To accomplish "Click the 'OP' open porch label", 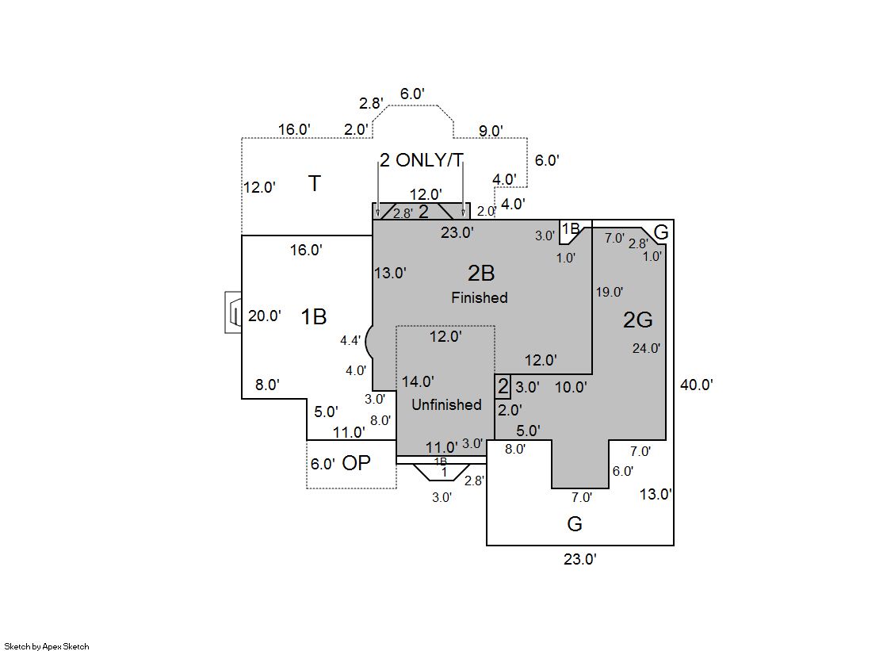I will point(356,463).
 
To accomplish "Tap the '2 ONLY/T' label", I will point(420,160).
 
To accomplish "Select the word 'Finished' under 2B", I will point(480,298).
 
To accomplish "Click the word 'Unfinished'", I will point(446,404).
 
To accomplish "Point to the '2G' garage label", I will point(637,320).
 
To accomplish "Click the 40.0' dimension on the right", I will point(697,385).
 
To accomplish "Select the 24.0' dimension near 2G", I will point(646,347).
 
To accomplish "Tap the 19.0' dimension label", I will point(609,292).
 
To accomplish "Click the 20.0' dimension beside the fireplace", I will point(264,316).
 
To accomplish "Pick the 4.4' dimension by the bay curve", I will point(350,341).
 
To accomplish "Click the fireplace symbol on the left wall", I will point(233,313).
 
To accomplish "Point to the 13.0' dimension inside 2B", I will point(390,273).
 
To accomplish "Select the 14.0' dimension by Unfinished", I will point(418,381).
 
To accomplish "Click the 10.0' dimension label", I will point(571,387).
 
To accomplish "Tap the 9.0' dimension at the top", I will point(488,131).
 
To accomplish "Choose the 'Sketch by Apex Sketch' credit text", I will point(47,646).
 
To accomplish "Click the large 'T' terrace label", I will point(315,184).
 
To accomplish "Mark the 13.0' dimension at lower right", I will point(656,494).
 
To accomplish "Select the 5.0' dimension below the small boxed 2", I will point(528,431).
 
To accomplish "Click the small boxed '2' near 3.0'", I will point(503,388).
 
